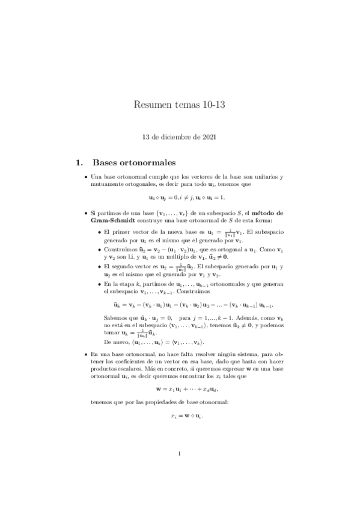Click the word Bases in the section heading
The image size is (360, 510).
pos(107,162)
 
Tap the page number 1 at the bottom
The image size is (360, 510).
pos(179,471)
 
